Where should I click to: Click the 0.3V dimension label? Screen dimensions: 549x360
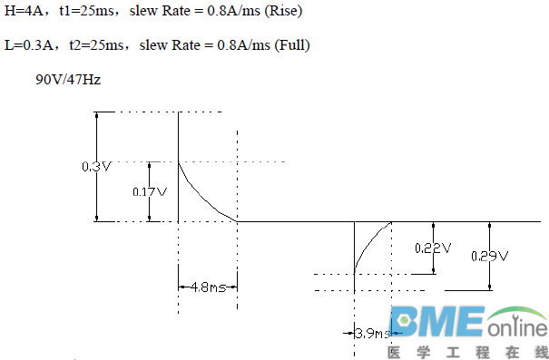click(96, 167)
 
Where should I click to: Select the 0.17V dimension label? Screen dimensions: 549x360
click(150, 191)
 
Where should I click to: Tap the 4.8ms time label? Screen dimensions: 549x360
click(209, 287)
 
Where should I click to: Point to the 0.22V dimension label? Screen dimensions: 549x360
click(433, 248)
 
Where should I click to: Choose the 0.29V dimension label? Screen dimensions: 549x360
click(489, 256)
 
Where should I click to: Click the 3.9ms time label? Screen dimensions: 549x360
click(372, 334)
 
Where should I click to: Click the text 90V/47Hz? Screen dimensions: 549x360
click(68, 80)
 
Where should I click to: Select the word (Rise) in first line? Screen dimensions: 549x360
click(284, 11)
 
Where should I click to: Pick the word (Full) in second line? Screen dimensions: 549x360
click(292, 45)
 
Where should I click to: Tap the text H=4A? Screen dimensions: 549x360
click(24, 11)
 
